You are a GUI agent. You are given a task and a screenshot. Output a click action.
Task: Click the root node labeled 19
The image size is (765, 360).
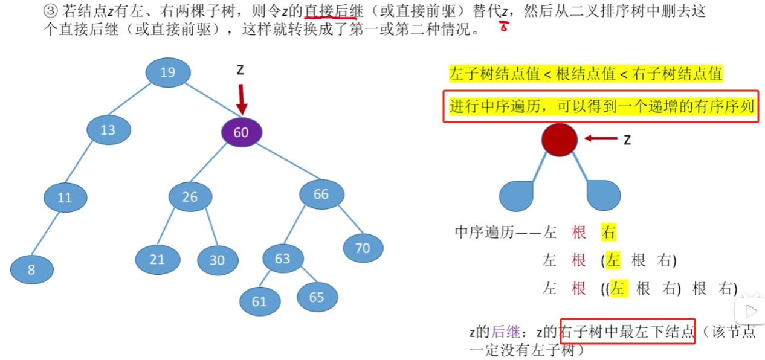coord(168,72)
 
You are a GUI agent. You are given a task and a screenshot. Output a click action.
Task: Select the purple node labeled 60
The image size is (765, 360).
coord(241,132)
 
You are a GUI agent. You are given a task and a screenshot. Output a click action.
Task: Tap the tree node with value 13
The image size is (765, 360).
coord(109,130)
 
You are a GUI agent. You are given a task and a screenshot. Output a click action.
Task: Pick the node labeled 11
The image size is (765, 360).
coord(65,197)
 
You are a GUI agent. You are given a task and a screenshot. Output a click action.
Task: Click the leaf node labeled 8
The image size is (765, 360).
coord(31,269)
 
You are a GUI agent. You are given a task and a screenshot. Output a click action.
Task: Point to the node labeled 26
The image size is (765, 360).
coord(190,196)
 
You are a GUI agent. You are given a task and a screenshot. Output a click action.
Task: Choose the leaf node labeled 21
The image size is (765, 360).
coord(157,259)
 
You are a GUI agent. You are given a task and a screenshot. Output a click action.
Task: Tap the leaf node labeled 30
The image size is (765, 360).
coord(218,260)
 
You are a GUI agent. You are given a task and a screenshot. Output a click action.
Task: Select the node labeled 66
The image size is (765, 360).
coord(321,194)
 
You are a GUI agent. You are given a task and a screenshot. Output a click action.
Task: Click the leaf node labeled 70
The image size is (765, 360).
coord(363,248)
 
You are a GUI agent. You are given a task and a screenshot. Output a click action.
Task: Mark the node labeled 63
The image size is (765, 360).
coord(283,259)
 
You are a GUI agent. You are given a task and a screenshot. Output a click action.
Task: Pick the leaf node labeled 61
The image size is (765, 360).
coord(260,301)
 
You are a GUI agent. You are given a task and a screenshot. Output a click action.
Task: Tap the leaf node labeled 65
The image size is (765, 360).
coord(317,297)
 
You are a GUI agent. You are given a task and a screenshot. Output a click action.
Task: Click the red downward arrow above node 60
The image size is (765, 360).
coord(242,98)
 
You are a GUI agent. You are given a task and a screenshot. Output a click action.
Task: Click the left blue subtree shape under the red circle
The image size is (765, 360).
coord(517,195)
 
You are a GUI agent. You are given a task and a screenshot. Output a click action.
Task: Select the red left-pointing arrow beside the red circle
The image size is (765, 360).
coord(600,139)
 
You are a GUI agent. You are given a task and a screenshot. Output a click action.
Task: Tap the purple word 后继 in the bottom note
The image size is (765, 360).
coord(505,332)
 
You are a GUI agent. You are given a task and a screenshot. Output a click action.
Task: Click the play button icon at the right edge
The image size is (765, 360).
coord(750,312)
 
